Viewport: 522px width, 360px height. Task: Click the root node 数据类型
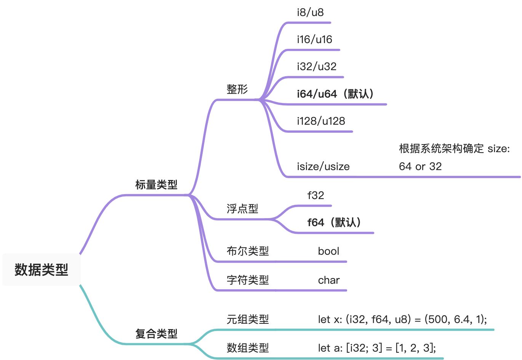pyautogui.click(x=41, y=270)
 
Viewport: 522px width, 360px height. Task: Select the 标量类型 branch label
pyautogui.click(x=156, y=185)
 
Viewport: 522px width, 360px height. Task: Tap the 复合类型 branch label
pyautogui.click(x=156, y=334)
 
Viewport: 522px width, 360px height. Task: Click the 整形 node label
pyautogui.click(x=237, y=89)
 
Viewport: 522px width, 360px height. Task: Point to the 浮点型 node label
pyautogui.click(x=242, y=209)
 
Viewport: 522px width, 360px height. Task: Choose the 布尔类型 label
pyautogui.click(x=248, y=251)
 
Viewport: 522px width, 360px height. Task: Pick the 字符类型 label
pyautogui.click(x=248, y=280)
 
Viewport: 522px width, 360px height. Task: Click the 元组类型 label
pyautogui.click(x=248, y=319)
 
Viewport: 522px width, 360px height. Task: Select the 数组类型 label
pyautogui.click(x=248, y=348)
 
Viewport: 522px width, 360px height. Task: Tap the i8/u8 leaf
pyautogui.click(x=310, y=13)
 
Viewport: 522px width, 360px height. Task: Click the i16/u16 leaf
pyautogui.click(x=314, y=40)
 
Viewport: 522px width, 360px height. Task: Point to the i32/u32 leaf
pyautogui.click(x=317, y=67)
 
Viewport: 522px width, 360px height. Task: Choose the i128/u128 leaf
pyautogui.click(x=321, y=121)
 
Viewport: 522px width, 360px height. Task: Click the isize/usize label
pyautogui.click(x=323, y=167)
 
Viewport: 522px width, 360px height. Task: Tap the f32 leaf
pyautogui.click(x=315, y=196)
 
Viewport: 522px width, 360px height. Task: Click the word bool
pyautogui.click(x=328, y=251)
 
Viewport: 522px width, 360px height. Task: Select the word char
pyautogui.click(x=328, y=280)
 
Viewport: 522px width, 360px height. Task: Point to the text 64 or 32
pyautogui.click(x=420, y=167)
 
